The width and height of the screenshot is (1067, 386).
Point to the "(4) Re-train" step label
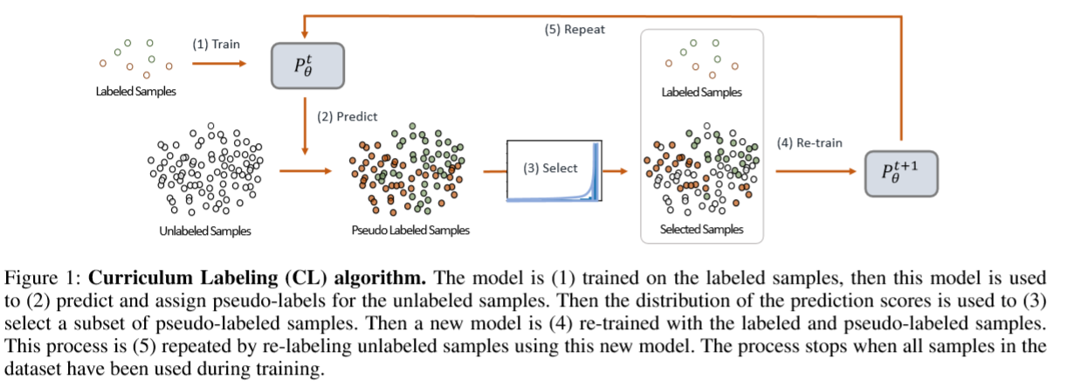pos(809,142)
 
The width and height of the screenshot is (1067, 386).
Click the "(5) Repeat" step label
pos(576,29)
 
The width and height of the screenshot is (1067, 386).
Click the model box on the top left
pos(307,65)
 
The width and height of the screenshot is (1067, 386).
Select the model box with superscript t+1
pos(899,170)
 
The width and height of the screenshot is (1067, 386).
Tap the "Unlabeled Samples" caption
pos(205,231)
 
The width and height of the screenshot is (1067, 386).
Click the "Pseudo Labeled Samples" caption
pos(410,231)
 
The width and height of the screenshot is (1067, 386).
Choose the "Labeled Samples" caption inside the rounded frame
pos(703,91)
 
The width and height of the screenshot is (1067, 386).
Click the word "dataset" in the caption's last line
pos(31,369)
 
